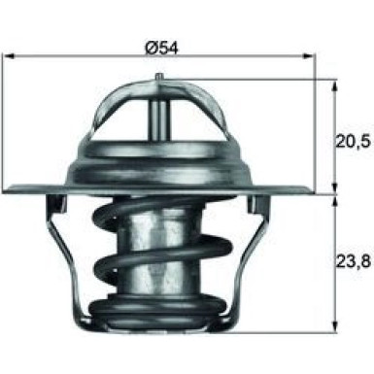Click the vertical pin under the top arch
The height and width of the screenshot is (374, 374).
tap(159, 116)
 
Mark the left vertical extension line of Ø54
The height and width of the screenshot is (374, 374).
tap(6, 107)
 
